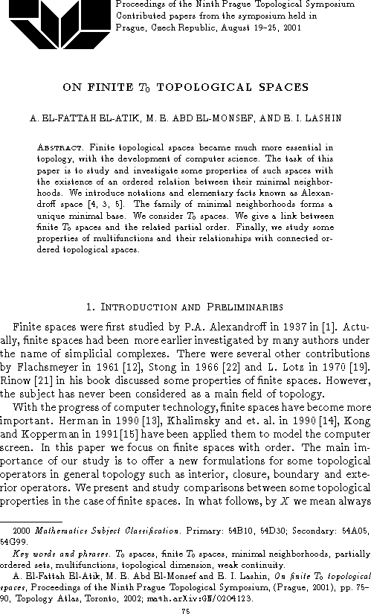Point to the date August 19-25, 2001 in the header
265,30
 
